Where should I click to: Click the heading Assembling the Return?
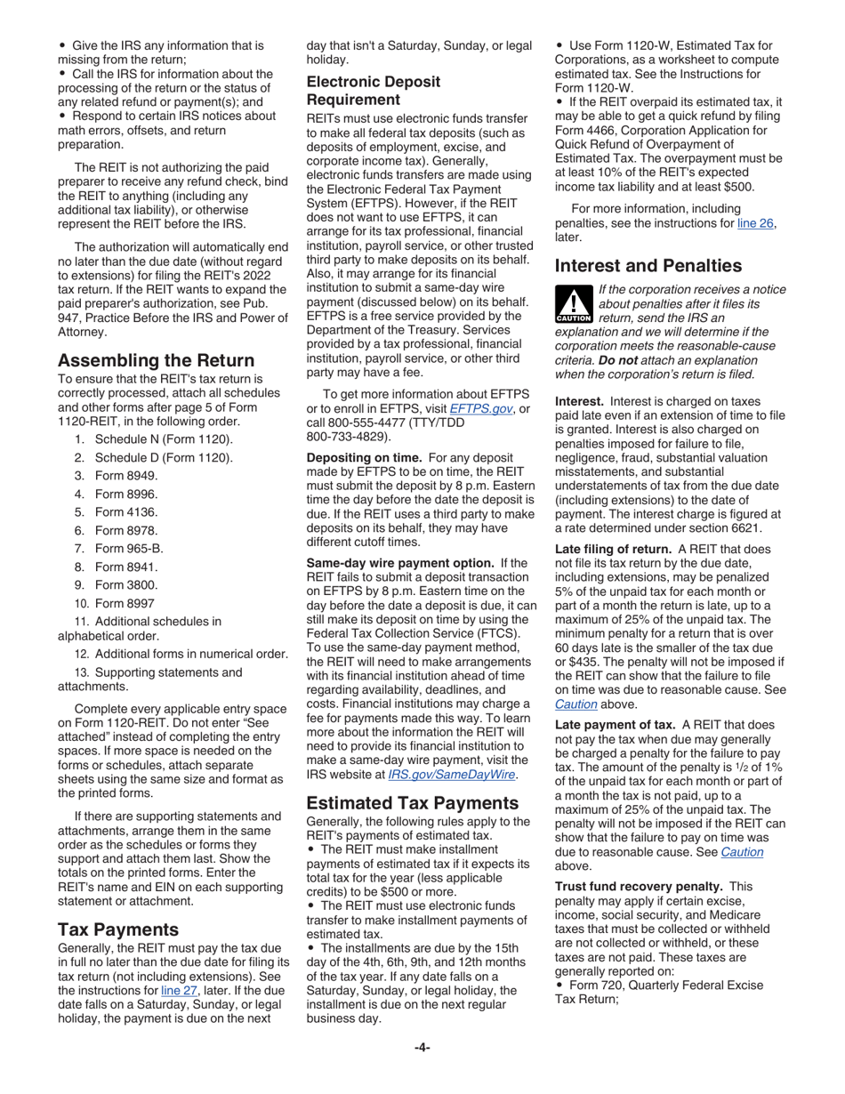(156, 360)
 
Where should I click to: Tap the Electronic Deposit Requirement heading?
(373, 91)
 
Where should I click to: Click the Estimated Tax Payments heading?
(412, 802)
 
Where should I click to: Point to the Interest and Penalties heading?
(648, 266)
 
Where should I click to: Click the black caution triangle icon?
(573, 303)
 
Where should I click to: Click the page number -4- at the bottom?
(422, 1047)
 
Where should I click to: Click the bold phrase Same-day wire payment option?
(399, 563)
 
